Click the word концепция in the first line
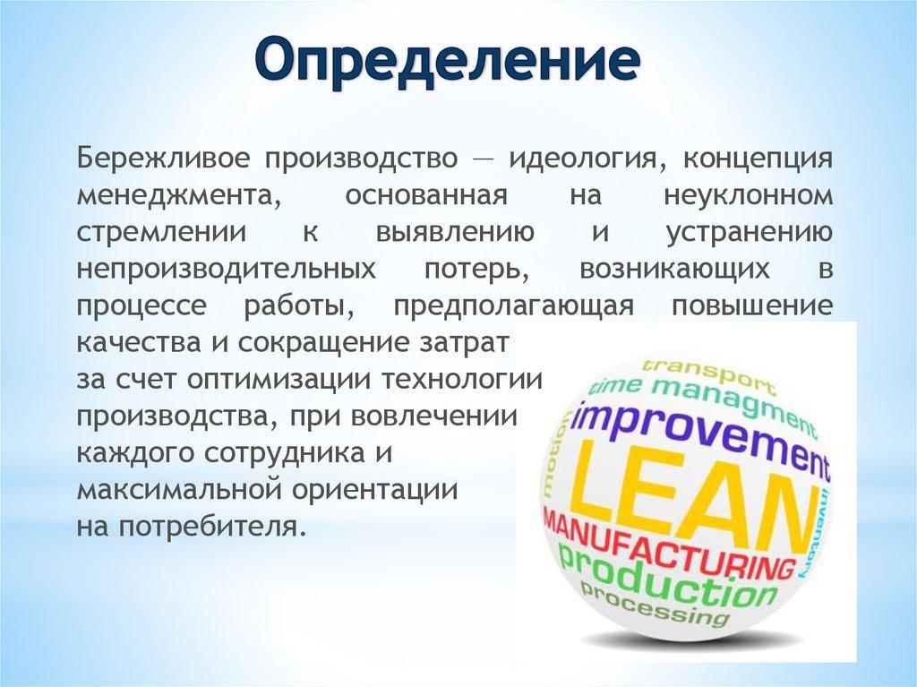click(759, 159)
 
